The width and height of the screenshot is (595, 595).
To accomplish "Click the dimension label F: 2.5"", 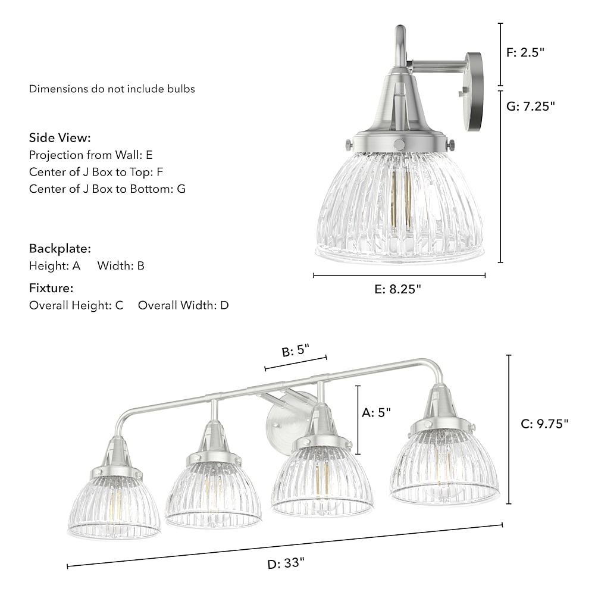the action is coord(525,52).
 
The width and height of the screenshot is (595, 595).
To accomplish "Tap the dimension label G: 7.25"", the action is coord(531,107).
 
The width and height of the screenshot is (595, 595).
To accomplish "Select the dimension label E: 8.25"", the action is coord(397,290).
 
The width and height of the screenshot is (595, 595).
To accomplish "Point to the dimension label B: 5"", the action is coord(296,350).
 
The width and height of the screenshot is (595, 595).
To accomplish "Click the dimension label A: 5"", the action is coord(376,412).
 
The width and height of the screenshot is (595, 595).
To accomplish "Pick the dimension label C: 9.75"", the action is coord(544,424).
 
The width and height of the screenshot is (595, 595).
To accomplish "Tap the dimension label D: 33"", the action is coord(286,563).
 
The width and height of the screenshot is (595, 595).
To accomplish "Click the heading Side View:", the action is coord(60,138).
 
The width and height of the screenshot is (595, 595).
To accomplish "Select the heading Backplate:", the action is coord(60,249).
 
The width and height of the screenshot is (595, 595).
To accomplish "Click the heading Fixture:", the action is coord(51,288).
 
